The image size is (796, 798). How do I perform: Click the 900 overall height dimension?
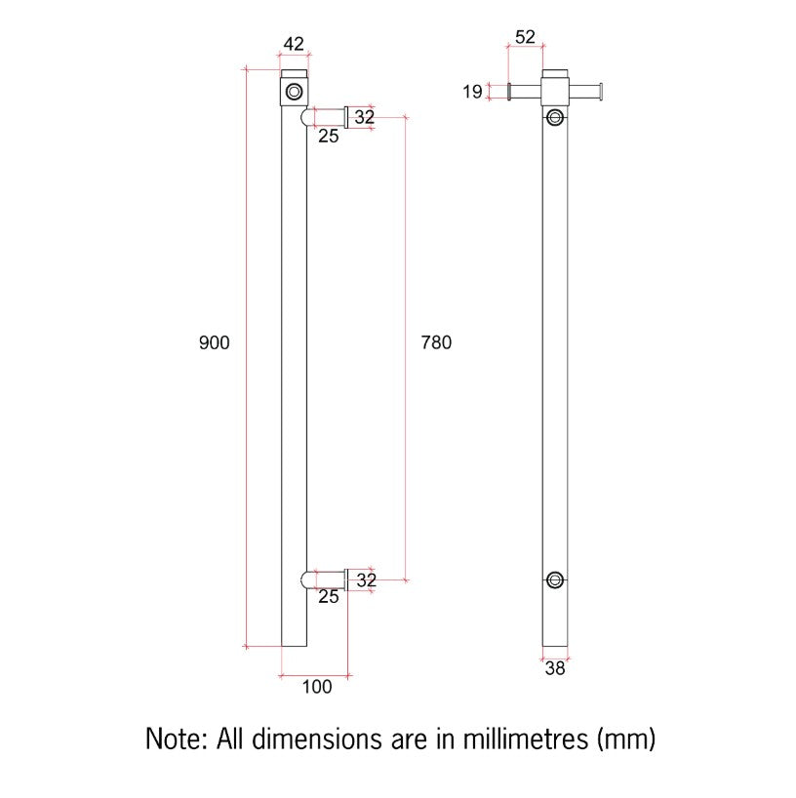[x=215, y=342]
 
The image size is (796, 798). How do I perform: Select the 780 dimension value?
[x=436, y=342]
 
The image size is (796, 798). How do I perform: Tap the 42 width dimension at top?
[x=294, y=44]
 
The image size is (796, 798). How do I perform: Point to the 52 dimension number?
[x=525, y=37]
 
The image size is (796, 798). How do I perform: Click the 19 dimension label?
[x=472, y=92]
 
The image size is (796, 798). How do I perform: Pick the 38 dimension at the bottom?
[x=555, y=668]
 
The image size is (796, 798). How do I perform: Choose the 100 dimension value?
[x=317, y=687]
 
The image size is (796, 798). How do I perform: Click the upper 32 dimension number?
[x=365, y=117]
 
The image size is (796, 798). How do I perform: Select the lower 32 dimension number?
[x=366, y=580]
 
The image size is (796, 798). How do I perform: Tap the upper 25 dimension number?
[x=329, y=136]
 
